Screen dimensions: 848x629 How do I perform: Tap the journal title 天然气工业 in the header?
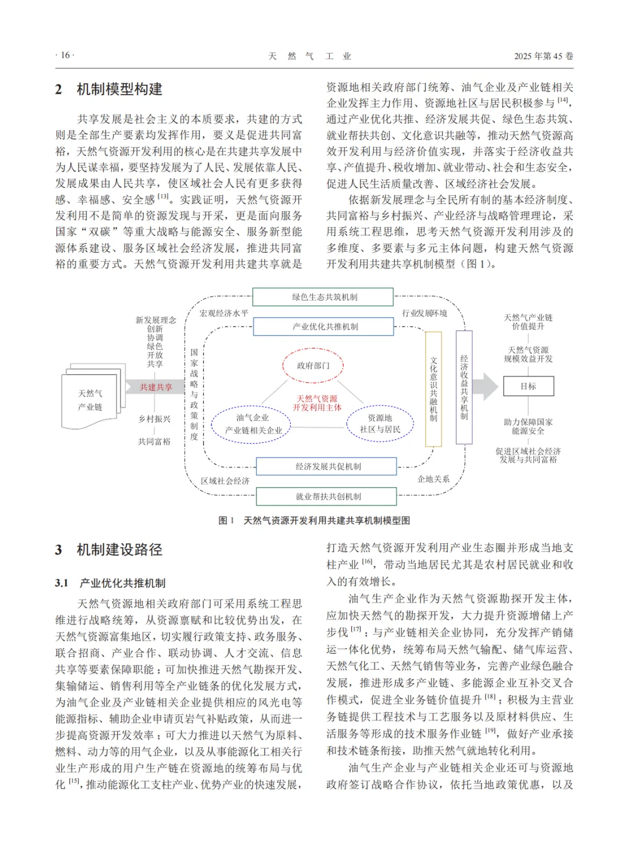click(309, 56)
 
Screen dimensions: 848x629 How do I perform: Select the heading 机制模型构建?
click(119, 89)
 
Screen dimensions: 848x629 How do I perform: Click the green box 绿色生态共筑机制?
click(323, 297)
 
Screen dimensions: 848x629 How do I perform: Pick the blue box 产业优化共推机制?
click(324, 326)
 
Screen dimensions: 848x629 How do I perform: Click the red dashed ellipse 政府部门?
click(313, 366)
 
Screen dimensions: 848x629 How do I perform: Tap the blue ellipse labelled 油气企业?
click(252, 424)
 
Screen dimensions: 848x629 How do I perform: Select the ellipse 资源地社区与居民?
click(380, 424)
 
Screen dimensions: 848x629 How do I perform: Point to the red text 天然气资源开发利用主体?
click(317, 403)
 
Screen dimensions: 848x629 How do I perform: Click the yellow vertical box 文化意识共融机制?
click(433, 389)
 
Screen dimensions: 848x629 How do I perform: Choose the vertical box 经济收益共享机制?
click(464, 387)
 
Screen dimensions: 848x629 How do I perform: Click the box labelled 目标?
click(528, 386)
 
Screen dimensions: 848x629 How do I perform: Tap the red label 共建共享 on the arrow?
click(156, 387)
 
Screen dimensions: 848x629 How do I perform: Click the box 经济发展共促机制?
click(327, 466)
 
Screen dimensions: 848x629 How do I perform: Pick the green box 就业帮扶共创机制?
click(327, 497)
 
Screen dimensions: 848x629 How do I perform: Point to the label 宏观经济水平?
click(224, 313)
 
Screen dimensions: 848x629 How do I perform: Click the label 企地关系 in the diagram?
click(433, 479)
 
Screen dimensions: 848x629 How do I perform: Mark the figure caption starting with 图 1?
click(314, 520)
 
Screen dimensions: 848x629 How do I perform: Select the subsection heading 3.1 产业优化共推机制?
click(111, 583)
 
